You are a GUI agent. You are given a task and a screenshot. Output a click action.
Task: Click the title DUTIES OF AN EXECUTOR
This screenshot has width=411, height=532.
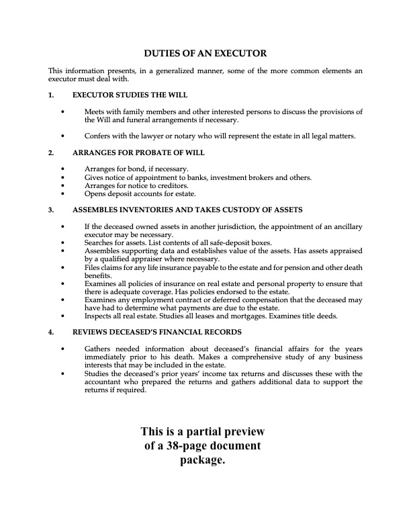pos(206,52)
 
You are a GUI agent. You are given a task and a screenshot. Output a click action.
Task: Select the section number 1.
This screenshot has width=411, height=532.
pos(50,95)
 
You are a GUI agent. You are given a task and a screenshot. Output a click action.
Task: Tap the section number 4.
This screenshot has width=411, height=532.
pos(50,332)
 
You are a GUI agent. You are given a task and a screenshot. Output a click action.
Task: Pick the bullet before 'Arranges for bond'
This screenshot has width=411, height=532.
pos(62,169)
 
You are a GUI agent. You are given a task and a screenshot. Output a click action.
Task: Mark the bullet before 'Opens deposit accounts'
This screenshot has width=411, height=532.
pos(62,194)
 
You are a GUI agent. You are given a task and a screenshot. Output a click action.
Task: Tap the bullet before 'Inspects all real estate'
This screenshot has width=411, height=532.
pos(62,315)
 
